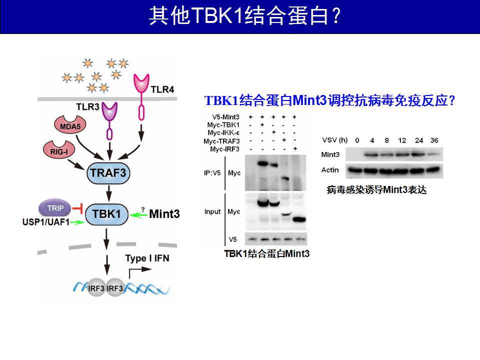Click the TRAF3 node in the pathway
coord(108,173)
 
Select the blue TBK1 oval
coord(106,214)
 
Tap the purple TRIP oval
coord(55,208)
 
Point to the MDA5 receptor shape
coord(70,125)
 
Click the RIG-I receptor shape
coord(59,150)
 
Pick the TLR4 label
coord(162,89)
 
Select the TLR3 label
coord(87,107)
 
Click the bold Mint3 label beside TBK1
coord(164,213)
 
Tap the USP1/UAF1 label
coord(46,222)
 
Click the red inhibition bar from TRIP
coord(78,209)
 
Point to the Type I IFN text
coord(147,258)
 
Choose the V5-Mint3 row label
coord(225,117)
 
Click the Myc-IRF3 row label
coord(224,149)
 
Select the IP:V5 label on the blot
coord(212,173)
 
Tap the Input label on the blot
coord(212,211)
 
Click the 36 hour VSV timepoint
coord(434,140)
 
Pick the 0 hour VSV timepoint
coord(357,140)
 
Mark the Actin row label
coord(330,170)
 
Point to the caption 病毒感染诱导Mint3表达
coord(376,190)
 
